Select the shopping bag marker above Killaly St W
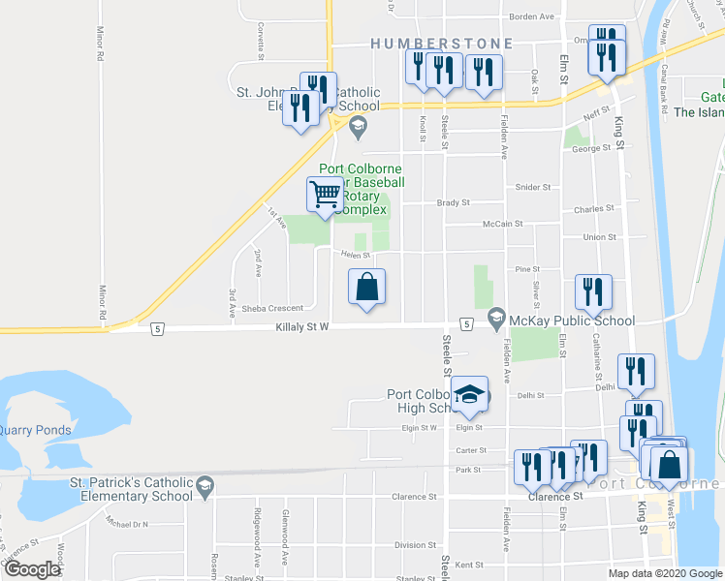pos(367,288)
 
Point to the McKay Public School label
pos(573,321)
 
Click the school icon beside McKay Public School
pos(496,317)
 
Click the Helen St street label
pos(354,256)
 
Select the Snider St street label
pos(533,187)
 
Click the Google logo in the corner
pos(32,569)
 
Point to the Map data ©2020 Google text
pos(665,573)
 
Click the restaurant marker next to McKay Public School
pos(592,291)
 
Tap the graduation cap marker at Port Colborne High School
pos(471,394)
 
